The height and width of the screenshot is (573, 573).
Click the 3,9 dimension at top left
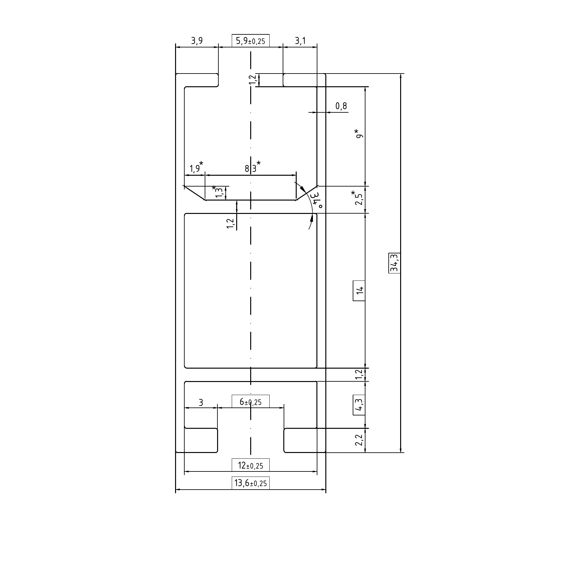click(197, 41)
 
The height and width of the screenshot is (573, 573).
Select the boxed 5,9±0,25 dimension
click(251, 41)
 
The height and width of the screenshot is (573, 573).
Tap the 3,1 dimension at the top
click(300, 41)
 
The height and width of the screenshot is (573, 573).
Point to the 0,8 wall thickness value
click(341, 106)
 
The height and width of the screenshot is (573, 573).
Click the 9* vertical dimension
click(359, 134)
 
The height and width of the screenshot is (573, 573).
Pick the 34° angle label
click(317, 200)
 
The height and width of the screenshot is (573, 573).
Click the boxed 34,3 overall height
click(395, 263)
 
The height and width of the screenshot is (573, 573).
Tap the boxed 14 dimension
click(359, 290)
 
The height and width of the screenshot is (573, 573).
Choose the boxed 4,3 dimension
click(359, 405)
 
